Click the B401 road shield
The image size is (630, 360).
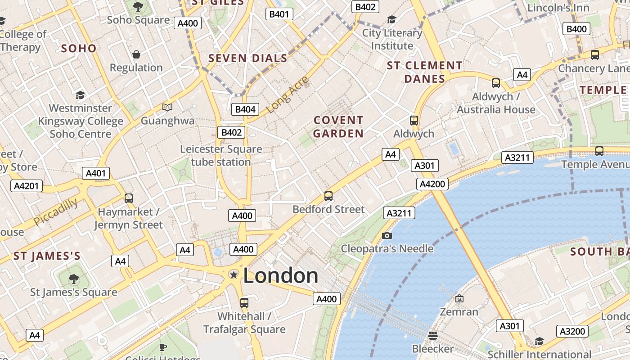point(279,14)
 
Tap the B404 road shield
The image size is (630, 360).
point(245,109)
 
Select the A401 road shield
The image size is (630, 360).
point(96,174)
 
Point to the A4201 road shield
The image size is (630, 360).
point(27,186)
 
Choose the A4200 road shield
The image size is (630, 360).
point(432,184)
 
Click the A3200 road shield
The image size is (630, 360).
point(572,332)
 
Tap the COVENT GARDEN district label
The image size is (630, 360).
point(338,127)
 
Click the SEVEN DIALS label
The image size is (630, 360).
point(248,58)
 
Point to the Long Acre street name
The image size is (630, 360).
point(288,94)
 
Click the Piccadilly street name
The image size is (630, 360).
point(56,211)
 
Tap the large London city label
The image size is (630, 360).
point(281,275)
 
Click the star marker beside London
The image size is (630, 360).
point(234,274)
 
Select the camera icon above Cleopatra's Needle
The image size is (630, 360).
point(387,235)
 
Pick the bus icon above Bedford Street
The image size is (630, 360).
point(328,196)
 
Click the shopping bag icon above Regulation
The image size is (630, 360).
point(136,54)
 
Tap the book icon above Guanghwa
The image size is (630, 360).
point(167,107)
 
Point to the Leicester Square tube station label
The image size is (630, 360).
point(221,155)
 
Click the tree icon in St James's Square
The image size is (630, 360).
point(73,279)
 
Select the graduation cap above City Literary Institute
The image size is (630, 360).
point(391,20)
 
